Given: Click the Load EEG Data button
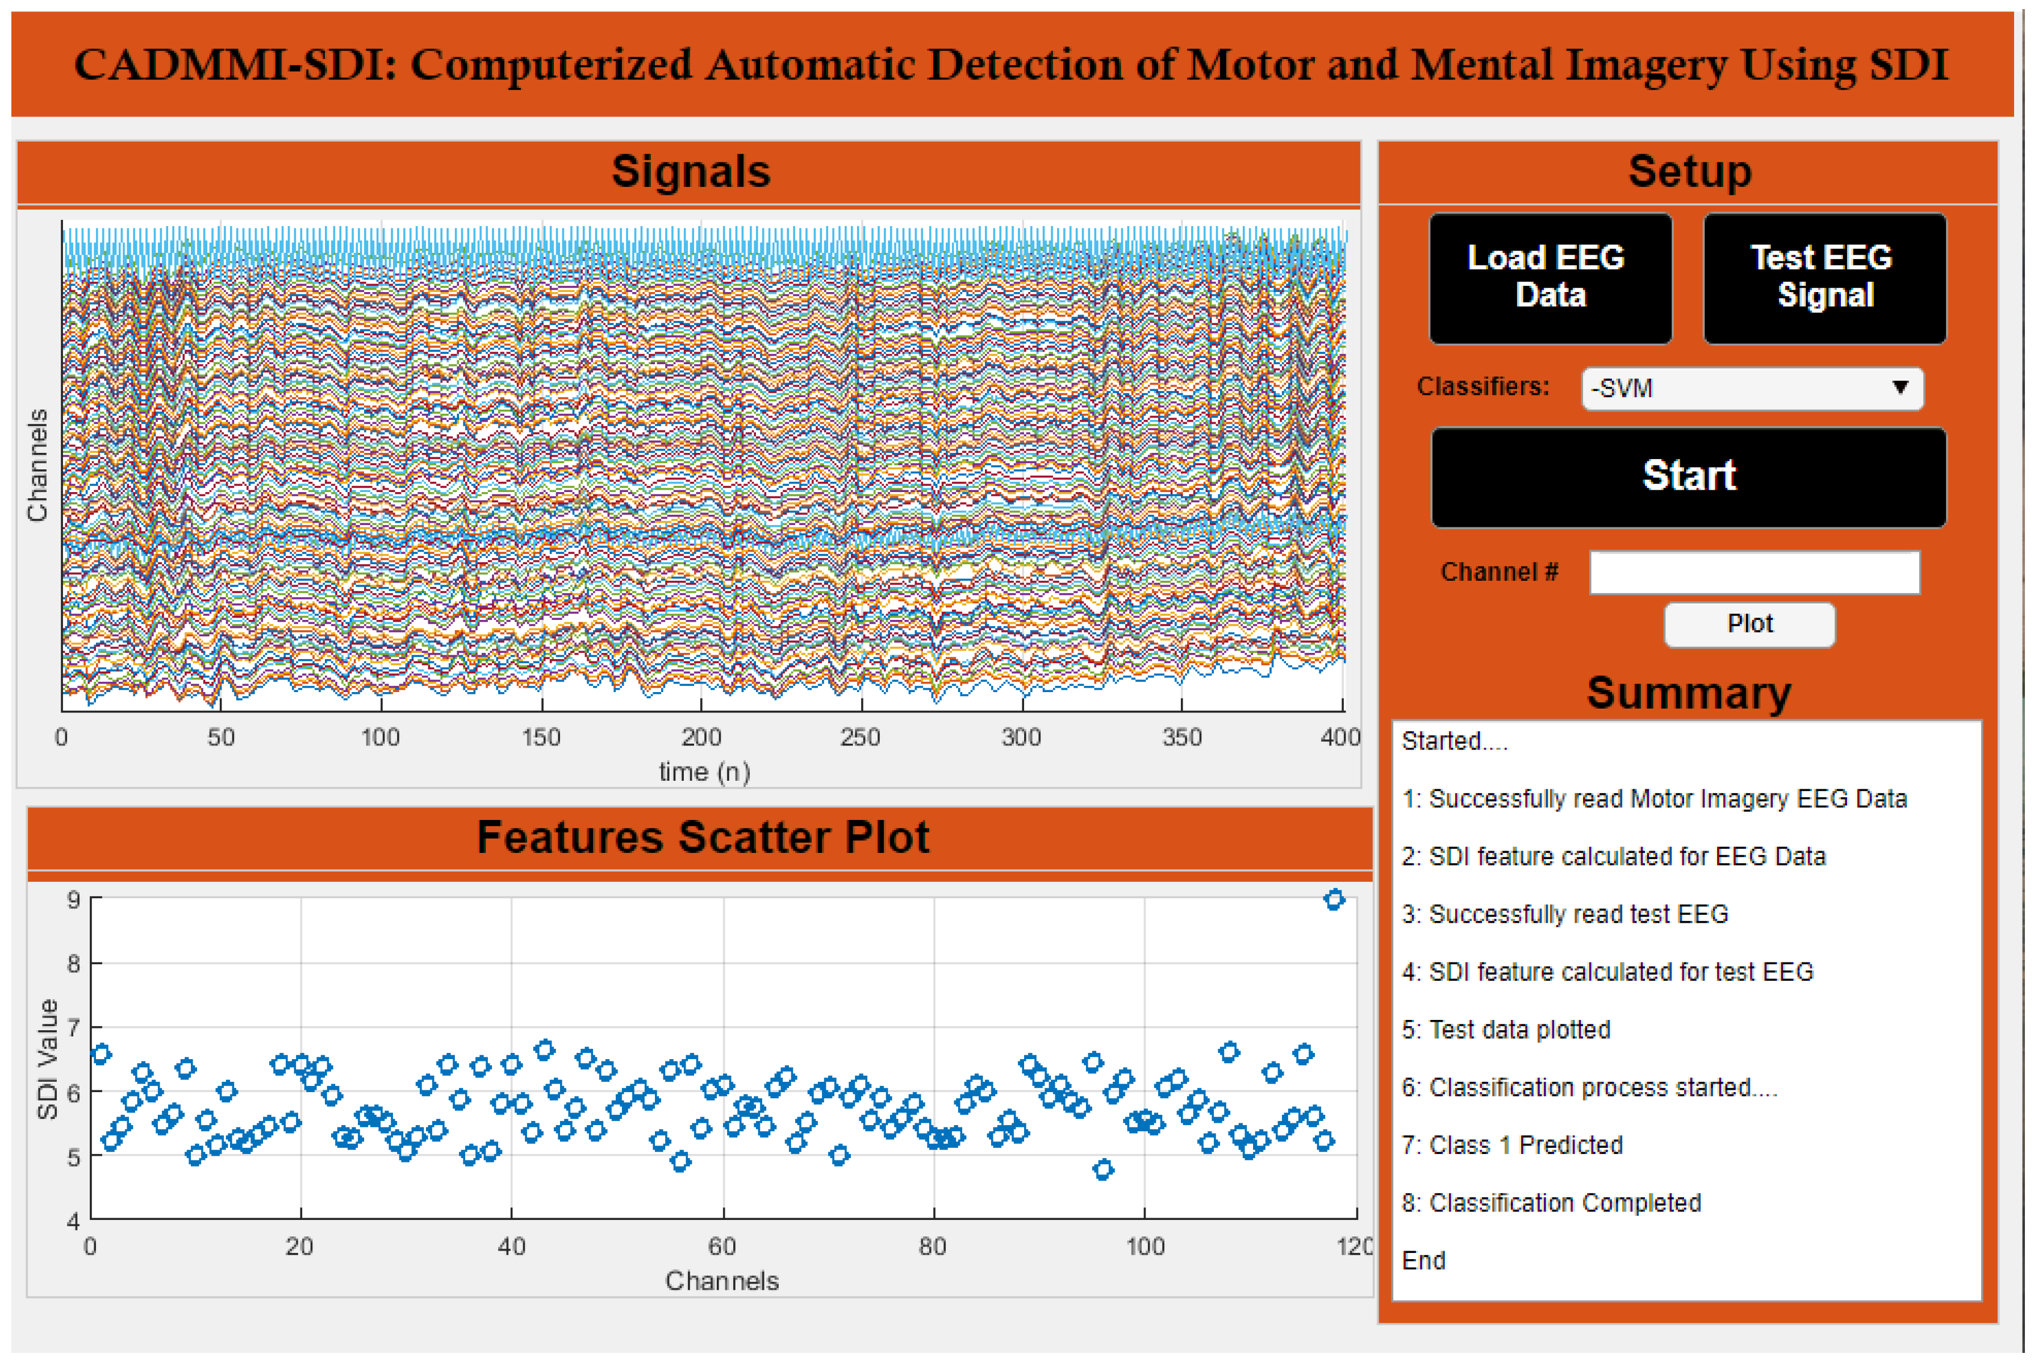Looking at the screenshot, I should (1549, 277).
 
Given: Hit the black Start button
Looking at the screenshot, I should (1688, 477).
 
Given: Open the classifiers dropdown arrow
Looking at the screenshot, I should (1899, 388).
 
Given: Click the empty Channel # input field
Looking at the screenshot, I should (1753, 572).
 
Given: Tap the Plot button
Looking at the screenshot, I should (1748, 624).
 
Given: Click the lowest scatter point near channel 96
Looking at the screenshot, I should (1102, 1169).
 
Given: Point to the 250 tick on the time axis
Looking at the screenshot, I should (861, 738).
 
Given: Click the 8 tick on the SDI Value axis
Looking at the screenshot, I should (74, 963).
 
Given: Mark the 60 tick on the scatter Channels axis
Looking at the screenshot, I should (722, 1247).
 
